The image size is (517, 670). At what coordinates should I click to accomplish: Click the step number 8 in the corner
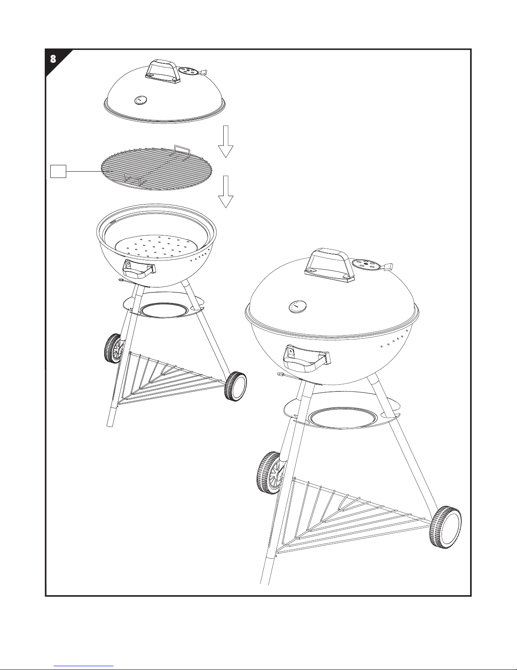[53, 59]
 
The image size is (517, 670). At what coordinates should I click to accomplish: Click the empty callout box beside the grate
[58, 171]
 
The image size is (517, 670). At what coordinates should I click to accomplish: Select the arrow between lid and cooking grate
[225, 142]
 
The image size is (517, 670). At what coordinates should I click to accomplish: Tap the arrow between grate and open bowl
[225, 191]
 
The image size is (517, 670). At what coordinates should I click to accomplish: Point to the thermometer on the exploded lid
[141, 100]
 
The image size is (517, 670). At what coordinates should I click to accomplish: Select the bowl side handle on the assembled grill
[307, 358]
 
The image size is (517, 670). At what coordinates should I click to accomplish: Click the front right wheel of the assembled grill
[446, 527]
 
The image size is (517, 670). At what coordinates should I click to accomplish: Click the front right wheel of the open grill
[236, 386]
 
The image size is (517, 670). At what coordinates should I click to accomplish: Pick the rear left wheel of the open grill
[113, 348]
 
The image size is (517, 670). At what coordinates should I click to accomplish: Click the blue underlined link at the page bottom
[84, 666]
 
